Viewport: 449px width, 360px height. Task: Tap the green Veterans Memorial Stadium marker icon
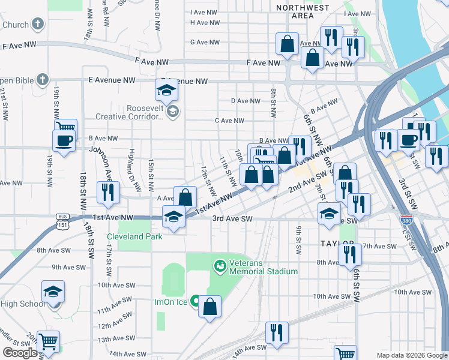[220, 264]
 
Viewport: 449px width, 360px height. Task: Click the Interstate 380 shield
[406, 220]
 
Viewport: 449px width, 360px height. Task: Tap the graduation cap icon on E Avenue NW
[166, 90]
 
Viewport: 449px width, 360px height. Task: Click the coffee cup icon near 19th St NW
[64, 141]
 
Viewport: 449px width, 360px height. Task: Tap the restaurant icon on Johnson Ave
[109, 192]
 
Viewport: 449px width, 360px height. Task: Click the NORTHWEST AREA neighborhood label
[303, 12]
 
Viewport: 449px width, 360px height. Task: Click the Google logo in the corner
[20, 353]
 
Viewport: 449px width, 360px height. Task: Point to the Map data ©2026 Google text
[411, 355]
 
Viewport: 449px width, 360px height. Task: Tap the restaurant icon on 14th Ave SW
[277, 332]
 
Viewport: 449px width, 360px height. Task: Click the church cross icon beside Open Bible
[41, 79]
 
